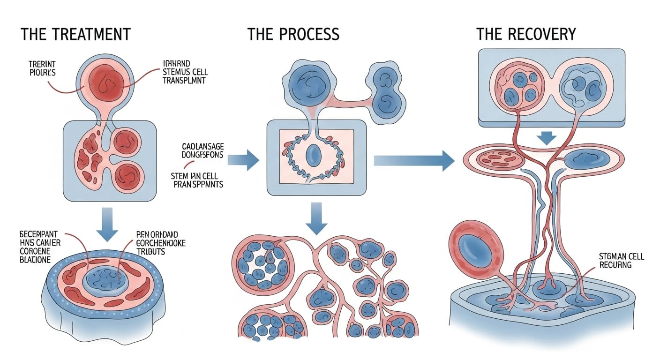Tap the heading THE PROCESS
point(293,35)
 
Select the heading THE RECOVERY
point(526,35)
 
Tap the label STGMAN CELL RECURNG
point(621,261)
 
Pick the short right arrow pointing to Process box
point(243,160)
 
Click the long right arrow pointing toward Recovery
point(413,160)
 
